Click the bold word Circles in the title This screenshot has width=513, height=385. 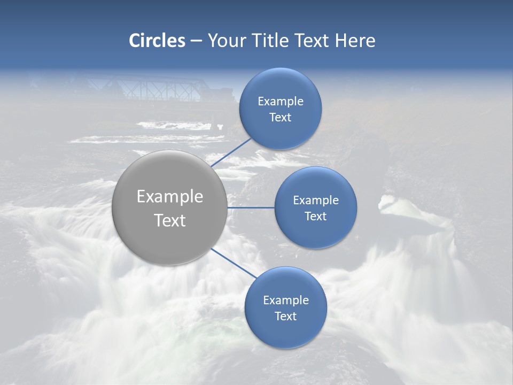[157, 41]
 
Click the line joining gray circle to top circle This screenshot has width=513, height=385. [231, 152]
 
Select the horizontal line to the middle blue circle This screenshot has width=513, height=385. [251, 207]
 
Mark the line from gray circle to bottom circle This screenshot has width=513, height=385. [234, 263]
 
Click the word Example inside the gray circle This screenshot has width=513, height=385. [169, 197]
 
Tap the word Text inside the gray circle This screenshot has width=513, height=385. [169, 220]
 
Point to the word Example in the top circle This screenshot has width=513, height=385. [280, 102]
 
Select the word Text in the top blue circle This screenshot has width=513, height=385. [280, 118]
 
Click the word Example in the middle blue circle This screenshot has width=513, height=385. [315, 201]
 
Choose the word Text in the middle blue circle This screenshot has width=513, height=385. [315, 217]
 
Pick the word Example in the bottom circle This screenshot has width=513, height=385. [285, 301]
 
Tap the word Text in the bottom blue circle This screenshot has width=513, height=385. [285, 317]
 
